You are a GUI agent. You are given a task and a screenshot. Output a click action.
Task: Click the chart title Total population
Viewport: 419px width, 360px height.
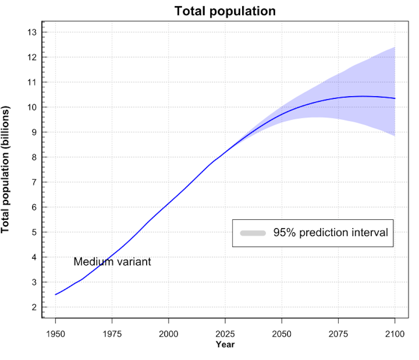(225, 11)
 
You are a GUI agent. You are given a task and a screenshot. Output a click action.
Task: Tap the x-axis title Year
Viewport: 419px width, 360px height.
(225, 345)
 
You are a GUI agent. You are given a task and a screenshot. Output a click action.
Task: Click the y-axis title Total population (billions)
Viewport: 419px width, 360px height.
(6, 170)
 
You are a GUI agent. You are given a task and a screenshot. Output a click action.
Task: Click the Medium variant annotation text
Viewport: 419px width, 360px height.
(112, 262)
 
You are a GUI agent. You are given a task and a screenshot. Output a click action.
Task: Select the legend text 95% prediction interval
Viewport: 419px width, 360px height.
(331, 233)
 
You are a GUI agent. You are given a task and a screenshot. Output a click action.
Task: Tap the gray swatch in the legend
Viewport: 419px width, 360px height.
(253, 233)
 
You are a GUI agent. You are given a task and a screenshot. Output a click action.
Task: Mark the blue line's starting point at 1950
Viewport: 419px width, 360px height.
(55, 294)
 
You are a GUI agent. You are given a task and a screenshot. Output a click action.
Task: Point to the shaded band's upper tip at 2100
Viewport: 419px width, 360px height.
(395, 47)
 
